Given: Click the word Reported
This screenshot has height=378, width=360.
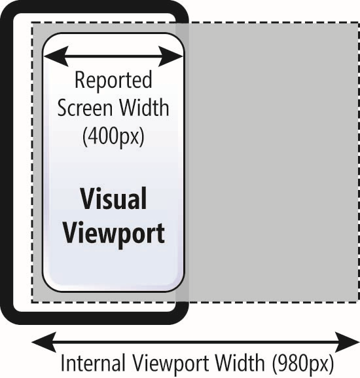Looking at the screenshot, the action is click(x=113, y=81).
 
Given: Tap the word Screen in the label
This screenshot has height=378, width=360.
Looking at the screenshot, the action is click(x=85, y=107).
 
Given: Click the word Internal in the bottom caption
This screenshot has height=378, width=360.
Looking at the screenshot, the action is click(x=93, y=363).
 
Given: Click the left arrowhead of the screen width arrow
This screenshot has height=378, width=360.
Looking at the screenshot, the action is click(x=56, y=56).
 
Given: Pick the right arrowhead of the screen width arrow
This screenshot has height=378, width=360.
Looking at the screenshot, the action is click(x=170, y=56).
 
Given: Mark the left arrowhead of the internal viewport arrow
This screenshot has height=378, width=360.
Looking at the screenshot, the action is click(x=44, y=343).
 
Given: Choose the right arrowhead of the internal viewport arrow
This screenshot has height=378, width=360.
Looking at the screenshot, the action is click(x=348, y=343).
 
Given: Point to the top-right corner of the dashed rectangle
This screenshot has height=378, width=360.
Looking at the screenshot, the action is click(x=358, y=23).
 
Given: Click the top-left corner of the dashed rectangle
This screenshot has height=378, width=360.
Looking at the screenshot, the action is click(x=32, y=23).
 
